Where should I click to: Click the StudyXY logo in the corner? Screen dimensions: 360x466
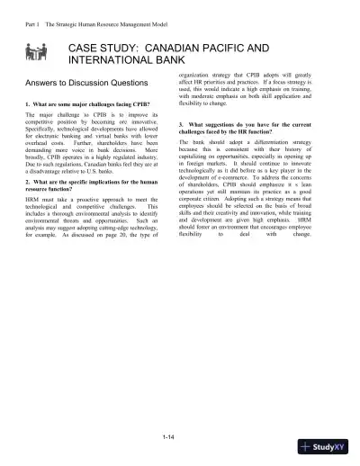(x=329, y=446)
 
